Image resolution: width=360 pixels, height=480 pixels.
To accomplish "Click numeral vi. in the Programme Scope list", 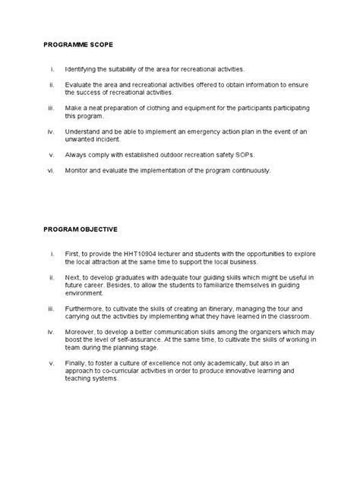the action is tap(52, 171).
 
